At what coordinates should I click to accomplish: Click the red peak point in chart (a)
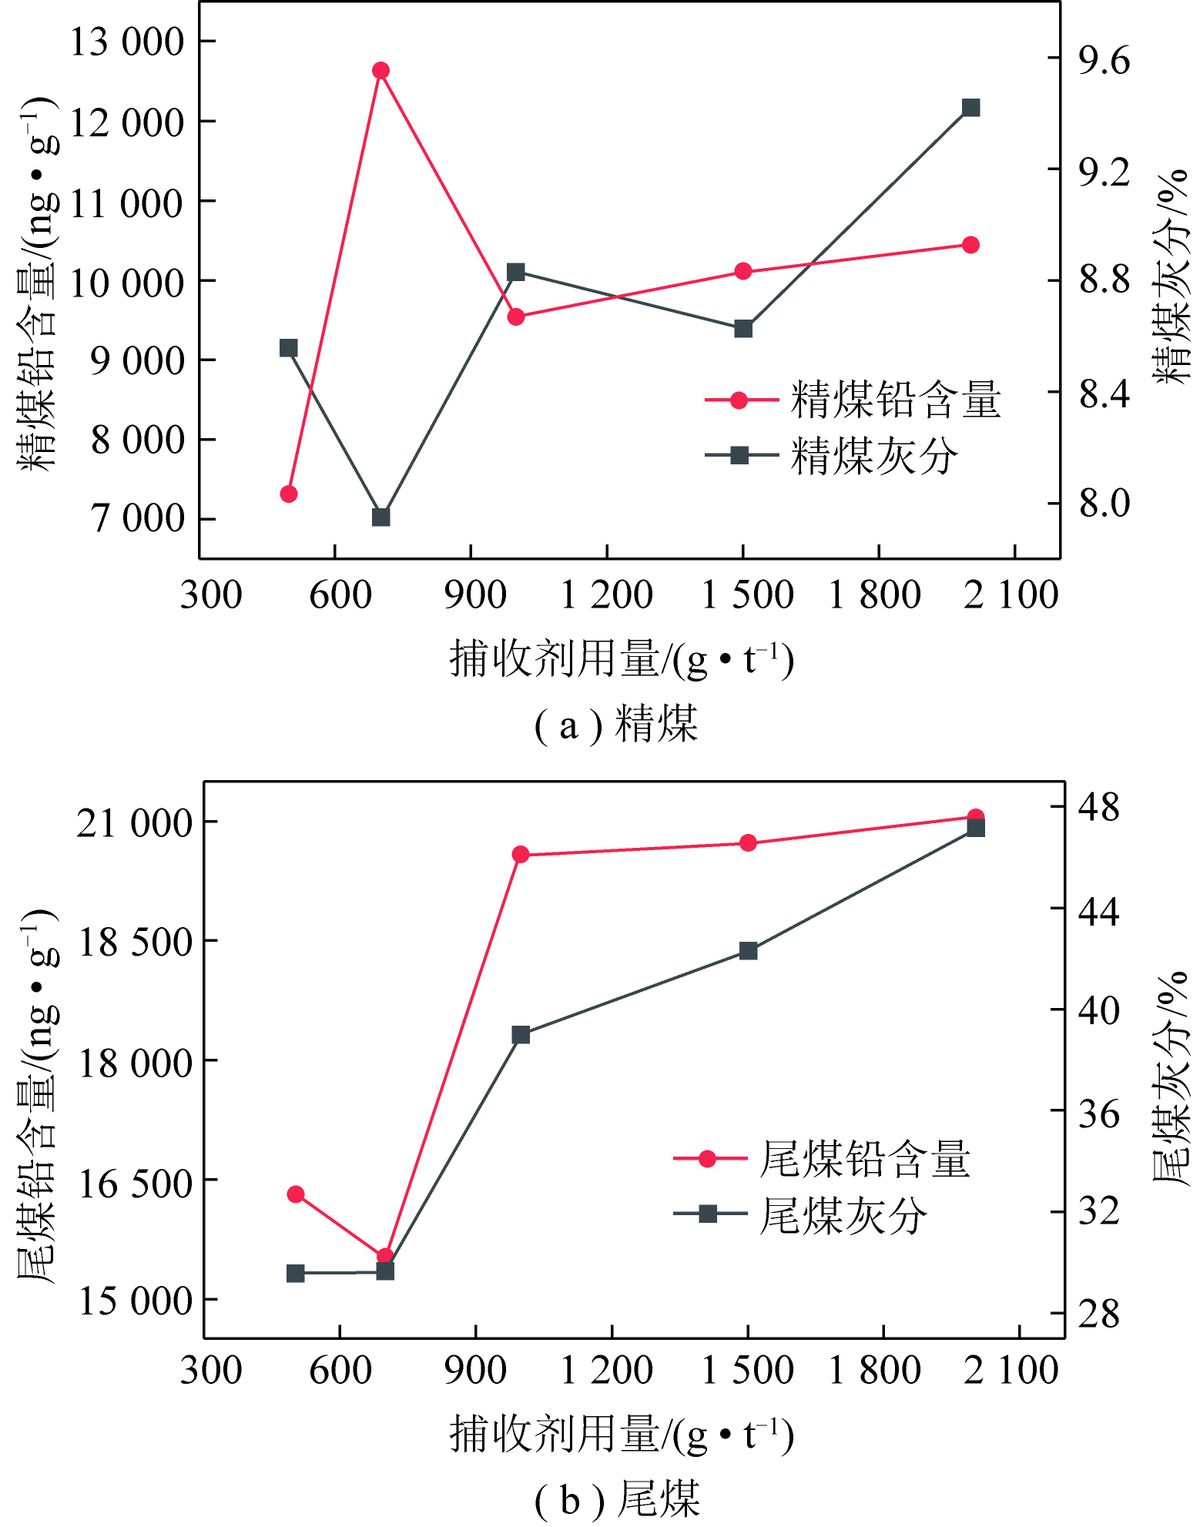[x=381, y=70]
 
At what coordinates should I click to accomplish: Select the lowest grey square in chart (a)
[x=381, y=518]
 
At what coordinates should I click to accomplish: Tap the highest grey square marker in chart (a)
[x=971, y=108]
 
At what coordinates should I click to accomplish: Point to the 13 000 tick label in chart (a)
[x=126, y=42]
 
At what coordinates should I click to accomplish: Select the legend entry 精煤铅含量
[x=853, y=401]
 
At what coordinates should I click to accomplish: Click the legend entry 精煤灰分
[x=832, y=455]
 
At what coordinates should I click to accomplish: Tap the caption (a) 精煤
[x=616, y=724]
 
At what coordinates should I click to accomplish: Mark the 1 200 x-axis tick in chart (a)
[x=606, y=594]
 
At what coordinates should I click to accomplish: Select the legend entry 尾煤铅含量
[x=822, y=1159]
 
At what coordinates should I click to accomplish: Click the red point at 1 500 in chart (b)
[x=748, y=843]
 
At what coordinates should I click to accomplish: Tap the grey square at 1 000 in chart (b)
[x=521, y=1034]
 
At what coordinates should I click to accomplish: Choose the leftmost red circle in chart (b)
[x=296, y=1195]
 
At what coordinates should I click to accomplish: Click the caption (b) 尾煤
[x=617, y=1497]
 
